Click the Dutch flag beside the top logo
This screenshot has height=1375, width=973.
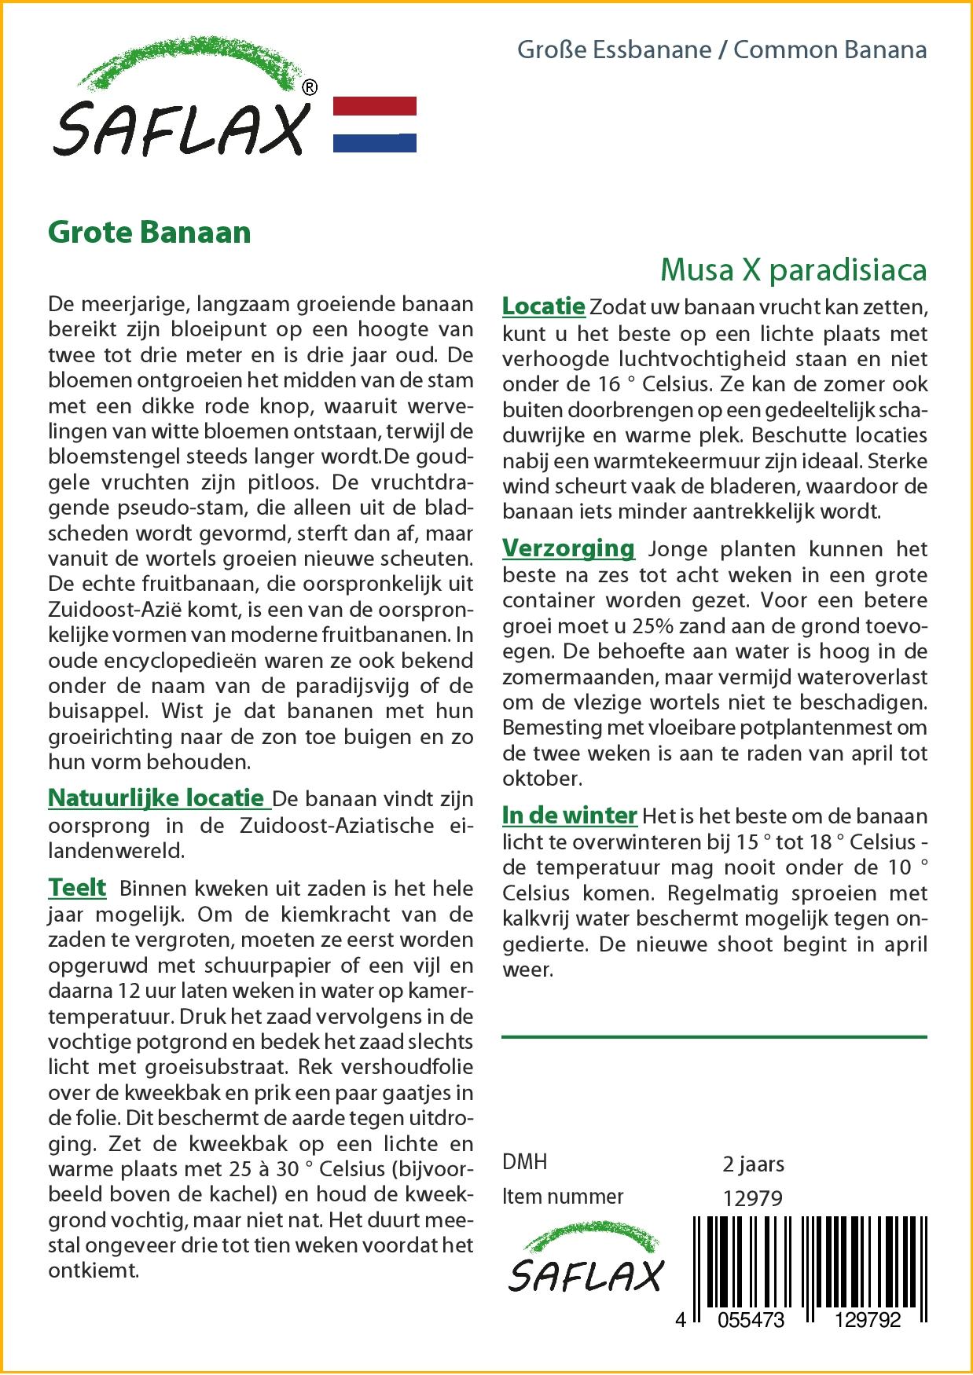pyautogui.click(x=375, y=124)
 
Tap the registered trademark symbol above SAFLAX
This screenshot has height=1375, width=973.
pyautogui.click(x=310, y=88)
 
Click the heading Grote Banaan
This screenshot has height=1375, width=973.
pyautogui.click(x=149, y=232)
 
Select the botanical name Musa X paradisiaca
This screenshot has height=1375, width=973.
pyautogui.click(x=793, y=269)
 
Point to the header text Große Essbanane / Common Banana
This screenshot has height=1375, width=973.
pyautogui.click(x=721, y=50)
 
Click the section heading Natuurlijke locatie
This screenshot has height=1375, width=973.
pyautogui.click(x=156, y=798)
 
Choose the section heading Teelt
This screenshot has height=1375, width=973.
pyautogui.click(x=77, y=888)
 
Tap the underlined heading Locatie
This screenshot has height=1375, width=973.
pyautogui.click(x=543, y=306)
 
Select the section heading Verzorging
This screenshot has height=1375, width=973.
pyautogui.click(x=568, y=548)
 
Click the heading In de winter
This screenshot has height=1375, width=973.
pyautogui.click(x=569, y=816)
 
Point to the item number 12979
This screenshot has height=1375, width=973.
pyautogui.click(x=752, y=1197)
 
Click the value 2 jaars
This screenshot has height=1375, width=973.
pyautogui.click(x=752, y=1163)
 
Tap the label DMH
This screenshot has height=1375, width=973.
pyautogui.click(x=524, y=1162)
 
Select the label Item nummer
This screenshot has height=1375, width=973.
pyautogui.click(x=563, y=1197)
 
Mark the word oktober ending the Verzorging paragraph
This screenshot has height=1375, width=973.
pyautogui.click(x=541, y=779)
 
